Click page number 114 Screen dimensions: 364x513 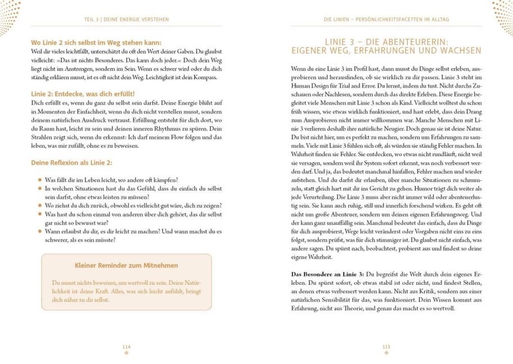126,347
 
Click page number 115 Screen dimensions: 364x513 386,347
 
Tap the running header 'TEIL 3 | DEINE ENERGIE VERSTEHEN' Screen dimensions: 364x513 126,20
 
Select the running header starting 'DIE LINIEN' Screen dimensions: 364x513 386,20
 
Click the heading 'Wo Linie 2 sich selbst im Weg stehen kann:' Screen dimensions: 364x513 96,43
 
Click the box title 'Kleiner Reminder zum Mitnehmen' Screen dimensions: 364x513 126,265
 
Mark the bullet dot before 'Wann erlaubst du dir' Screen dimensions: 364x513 40,231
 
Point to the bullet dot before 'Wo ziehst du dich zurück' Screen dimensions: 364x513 40,206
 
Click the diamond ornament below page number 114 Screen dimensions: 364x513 126,353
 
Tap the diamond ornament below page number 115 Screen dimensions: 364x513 386,353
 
